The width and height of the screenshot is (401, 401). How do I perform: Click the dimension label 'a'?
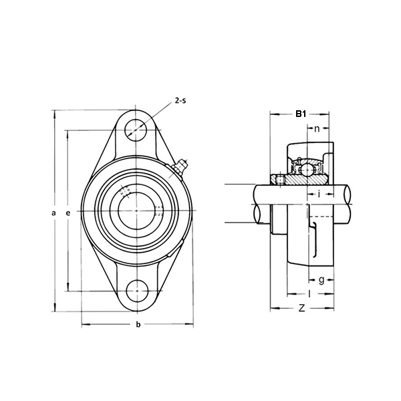53,213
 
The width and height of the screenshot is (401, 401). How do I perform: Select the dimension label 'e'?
68,213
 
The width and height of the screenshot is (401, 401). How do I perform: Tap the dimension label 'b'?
138,325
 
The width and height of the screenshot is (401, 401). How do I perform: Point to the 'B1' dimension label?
301,114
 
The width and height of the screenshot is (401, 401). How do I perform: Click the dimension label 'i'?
319,194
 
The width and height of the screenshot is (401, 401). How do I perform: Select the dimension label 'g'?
321,279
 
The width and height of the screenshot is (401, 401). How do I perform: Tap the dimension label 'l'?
309,293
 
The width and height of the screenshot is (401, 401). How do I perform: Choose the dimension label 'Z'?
301,308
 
